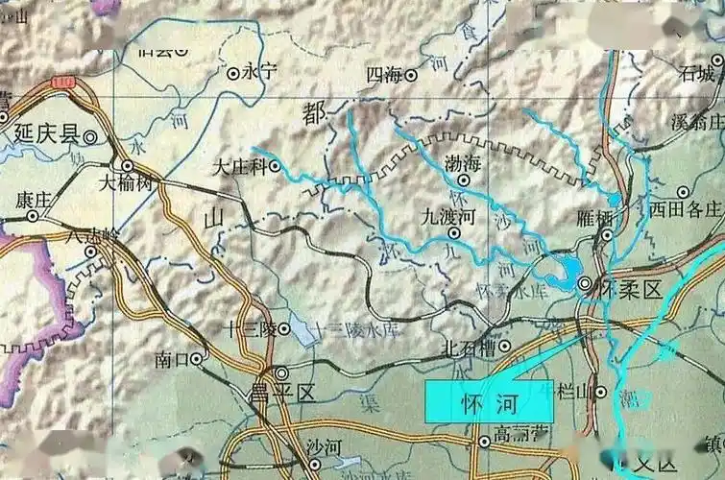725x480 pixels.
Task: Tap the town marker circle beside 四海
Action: click(412, 74)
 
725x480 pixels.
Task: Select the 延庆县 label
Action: click(43, 134)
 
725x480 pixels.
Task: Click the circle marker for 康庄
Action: click(32, 216)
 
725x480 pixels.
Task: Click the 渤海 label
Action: click(463, 164)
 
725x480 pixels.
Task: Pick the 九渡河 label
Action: click(448, 218)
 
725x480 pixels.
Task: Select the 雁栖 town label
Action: click(595, 218)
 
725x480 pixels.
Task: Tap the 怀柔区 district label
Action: click(630, 287)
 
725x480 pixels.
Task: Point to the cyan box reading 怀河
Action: click(490, 400)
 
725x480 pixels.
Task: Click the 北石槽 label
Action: click(468, 348)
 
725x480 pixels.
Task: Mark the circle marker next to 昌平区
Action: click(281, 372)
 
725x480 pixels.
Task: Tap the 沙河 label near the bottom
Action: click(291, 447)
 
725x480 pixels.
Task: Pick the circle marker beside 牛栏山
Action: click(600, 392)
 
